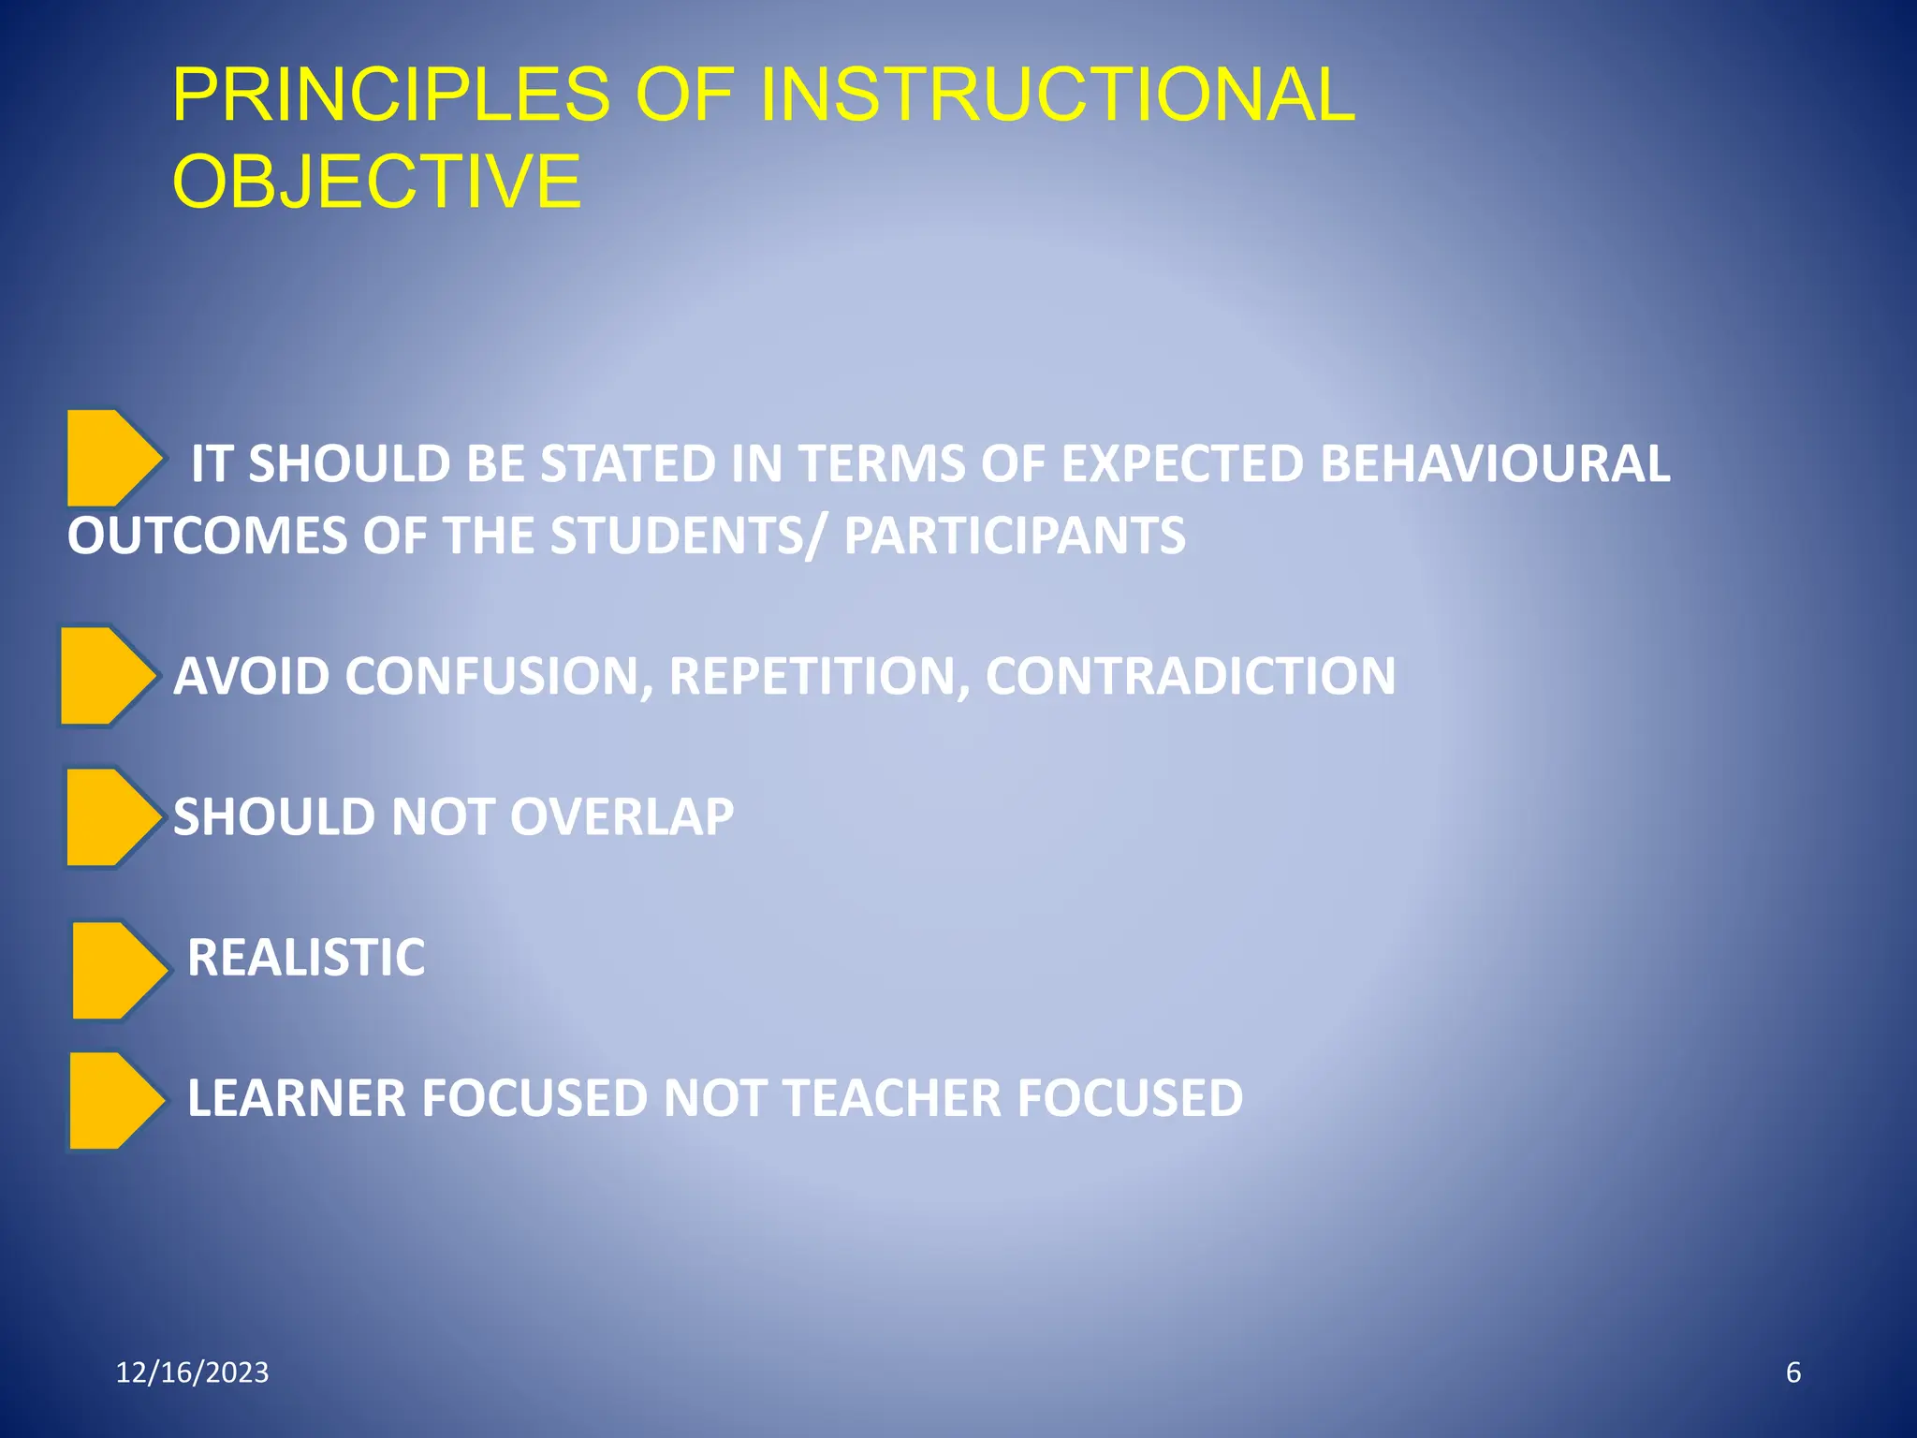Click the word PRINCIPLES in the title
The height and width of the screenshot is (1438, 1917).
pos(390,95)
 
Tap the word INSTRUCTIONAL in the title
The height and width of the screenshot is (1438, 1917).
pos(1057,95)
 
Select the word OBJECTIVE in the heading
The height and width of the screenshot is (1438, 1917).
pos(376,181)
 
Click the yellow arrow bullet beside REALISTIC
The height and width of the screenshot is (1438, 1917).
pos(117,971)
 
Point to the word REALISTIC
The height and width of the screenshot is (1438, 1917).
pos(306,958)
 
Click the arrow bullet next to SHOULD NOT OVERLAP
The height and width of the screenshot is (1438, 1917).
pos(111,817)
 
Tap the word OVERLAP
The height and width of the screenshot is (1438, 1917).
pos(622,816)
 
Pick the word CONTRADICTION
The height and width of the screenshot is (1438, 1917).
pos(1190,676)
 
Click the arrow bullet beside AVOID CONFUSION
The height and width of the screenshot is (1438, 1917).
pos(106,676)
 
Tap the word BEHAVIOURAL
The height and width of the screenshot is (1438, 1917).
pos(1494,463)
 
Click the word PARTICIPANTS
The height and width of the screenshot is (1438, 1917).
pos(1014,536)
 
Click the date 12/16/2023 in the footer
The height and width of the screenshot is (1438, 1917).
pos(192,1372)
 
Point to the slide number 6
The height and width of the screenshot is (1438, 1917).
pos(1793,1372)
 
